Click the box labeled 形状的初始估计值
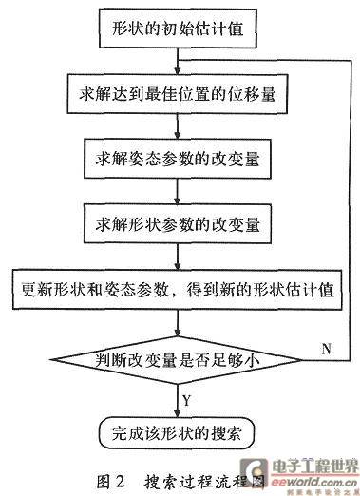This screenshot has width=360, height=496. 178,29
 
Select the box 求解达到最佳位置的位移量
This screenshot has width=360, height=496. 178,94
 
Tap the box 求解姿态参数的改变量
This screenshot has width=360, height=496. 178,159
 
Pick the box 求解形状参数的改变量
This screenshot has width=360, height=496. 178,224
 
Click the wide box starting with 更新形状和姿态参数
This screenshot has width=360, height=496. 178,289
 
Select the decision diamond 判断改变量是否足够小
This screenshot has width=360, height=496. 176,360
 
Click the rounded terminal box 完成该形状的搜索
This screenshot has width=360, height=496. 177,433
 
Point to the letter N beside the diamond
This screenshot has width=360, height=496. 327,349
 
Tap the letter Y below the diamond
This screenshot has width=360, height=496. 187,400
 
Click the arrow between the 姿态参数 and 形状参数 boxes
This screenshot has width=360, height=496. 178,191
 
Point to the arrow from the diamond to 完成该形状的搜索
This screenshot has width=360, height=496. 178,401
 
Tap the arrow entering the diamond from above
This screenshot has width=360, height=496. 178,323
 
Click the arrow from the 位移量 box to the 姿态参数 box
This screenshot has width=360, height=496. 178,126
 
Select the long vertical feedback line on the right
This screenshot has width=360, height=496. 351,210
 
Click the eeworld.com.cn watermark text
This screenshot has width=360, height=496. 313,482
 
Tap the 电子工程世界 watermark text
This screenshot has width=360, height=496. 314,467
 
